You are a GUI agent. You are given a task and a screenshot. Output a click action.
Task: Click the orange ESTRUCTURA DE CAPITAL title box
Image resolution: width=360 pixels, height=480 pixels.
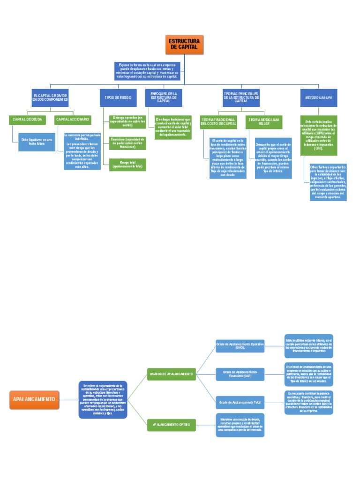tap(184, 45)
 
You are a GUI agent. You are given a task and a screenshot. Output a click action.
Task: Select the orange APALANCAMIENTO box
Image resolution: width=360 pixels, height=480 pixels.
tap(34, 399)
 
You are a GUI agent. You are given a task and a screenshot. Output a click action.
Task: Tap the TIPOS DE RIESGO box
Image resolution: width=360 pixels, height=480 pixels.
tap(118, 97)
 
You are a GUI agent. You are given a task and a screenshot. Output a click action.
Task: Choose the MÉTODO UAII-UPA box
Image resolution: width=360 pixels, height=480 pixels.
tap(318, 97)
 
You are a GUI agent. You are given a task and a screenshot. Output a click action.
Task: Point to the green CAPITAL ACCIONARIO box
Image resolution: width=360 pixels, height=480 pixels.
tap(73, 120)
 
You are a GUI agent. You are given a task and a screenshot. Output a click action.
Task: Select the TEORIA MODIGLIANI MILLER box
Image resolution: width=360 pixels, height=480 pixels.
tap(264, 122)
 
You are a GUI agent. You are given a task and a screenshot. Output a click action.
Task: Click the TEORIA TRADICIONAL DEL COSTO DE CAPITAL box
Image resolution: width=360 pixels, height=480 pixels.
tap(218, 122)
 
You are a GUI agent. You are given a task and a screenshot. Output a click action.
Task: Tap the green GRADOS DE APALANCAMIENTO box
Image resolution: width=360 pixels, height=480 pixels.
tap(171, 374)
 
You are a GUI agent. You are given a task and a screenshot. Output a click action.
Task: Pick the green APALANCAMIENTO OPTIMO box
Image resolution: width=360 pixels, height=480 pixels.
tap(171, 425)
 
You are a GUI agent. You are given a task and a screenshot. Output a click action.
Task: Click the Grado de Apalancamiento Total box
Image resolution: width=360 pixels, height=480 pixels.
tap(240, 402)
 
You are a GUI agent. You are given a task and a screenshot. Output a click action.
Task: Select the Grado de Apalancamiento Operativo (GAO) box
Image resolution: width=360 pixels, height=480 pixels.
tap(240, 346)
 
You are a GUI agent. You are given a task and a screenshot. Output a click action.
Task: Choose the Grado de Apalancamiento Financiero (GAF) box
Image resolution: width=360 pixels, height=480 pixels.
tap(240, 374)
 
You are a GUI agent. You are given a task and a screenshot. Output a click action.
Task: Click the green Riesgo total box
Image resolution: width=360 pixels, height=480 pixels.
tap(127, 165)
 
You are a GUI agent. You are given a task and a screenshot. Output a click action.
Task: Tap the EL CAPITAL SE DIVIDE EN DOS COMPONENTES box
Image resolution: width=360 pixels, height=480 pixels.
tap(50, 97)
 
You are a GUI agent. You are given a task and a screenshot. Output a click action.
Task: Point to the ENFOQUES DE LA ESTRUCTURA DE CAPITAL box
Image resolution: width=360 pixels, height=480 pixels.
tap(164, 97)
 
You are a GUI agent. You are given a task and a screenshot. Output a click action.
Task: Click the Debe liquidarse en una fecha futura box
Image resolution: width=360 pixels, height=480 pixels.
tap(37, 142)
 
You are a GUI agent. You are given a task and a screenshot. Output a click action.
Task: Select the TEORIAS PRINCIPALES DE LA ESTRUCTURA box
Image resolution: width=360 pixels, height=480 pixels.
tap(241, 97)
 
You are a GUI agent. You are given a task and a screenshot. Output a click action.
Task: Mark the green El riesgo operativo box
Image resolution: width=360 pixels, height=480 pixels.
tap(127, 121)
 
